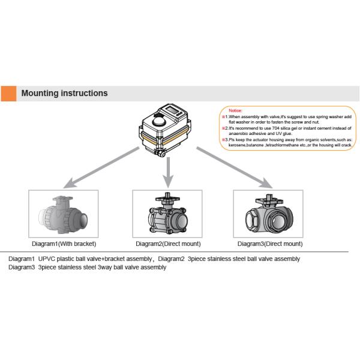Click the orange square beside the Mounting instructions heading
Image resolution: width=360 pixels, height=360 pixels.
click(8, 93)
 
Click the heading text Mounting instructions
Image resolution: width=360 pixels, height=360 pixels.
click(64, 93)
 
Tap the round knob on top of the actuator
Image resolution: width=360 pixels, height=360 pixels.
click(158, 122)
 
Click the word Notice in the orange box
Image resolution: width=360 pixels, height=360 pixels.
click(236, 111)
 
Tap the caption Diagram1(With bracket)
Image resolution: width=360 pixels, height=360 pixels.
click(64, 244)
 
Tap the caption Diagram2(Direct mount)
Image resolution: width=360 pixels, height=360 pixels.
click(168, 244)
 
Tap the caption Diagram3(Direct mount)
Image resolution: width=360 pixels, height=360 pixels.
click(269, 244)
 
